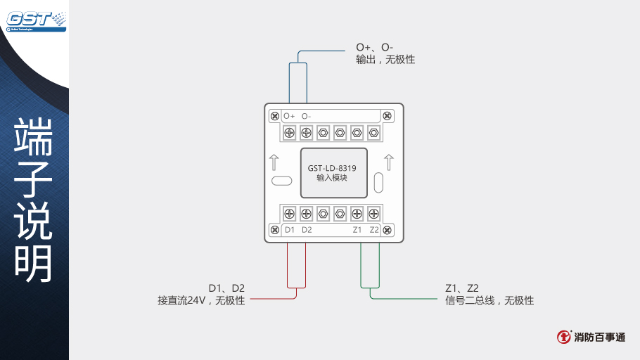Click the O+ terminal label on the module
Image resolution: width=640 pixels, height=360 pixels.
coord(289,116)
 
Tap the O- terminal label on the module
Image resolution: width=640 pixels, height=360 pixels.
coord(306,116)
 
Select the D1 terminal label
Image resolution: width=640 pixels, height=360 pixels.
coord(290,230)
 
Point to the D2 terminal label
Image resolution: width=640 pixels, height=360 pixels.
coord(307,230)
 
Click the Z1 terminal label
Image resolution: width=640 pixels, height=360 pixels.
coord(357,230)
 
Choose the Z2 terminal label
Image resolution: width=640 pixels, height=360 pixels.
coord(374,230)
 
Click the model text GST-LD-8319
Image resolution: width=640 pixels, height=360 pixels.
coord(332,168)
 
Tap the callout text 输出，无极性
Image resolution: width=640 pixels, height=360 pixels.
coord(385,60)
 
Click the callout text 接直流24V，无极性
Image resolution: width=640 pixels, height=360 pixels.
coord(201,301)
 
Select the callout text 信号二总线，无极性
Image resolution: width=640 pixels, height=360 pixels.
coord(489,301)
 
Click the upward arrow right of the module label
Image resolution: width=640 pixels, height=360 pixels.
coord(389,162)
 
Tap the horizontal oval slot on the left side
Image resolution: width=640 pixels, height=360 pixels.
coord(281,181)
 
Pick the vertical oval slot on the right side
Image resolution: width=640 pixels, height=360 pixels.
coord(379,182)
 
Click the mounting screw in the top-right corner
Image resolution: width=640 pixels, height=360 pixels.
coord(388,115)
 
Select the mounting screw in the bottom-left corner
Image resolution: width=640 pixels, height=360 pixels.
coord(274,230)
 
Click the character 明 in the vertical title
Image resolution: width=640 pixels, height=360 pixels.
coord(34,264)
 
